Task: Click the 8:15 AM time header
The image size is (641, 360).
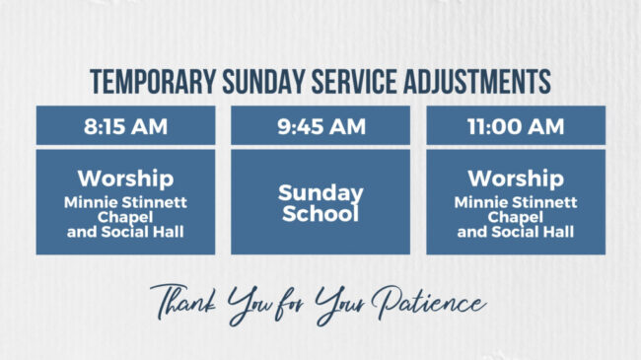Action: (125, 126)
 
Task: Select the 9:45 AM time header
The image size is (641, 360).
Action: (320, 126)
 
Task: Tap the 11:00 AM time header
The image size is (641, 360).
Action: (516, 126)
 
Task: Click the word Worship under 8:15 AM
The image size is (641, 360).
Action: (125, 180)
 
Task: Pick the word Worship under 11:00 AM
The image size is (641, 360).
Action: (516, 180)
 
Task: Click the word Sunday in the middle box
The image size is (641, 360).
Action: (320, 192)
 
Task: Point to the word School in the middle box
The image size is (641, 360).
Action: (320, 213)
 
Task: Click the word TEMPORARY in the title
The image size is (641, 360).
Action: (145, 82)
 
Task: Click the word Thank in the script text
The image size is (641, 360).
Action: (187, 301)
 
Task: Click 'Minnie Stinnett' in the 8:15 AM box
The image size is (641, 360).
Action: (125, 202)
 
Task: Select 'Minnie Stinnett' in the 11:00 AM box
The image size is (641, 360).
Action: (516, 202)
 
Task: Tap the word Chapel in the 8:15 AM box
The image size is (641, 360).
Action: (125, 217)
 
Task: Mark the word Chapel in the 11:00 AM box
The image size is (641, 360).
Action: (516, 217)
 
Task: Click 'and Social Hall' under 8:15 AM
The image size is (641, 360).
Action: (125, 233)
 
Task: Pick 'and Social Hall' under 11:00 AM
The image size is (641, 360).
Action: (516, 233)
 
